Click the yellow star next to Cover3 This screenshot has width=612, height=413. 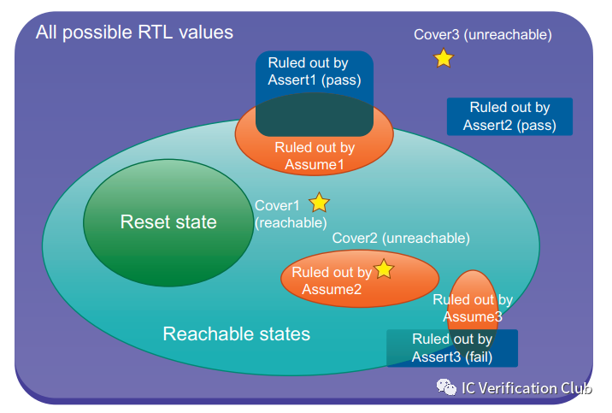[443, 58]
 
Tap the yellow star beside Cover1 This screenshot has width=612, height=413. [319, 203]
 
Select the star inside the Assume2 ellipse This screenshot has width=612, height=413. [384, 269]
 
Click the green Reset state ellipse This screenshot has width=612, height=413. [168, 222]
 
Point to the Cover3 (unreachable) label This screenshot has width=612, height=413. [483, 35]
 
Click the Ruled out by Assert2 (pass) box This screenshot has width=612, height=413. [509, 116]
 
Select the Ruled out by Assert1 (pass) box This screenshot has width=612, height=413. [314, 73]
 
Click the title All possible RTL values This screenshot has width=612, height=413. [134, 33]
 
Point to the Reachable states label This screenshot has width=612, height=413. [237, 333]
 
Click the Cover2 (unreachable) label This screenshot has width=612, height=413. [401, 237]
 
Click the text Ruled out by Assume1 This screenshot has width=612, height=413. [315, 156]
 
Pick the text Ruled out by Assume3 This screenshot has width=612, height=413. [472, 308]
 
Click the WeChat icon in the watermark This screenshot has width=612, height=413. [447, 388]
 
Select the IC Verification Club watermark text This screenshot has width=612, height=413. [527, 388]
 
